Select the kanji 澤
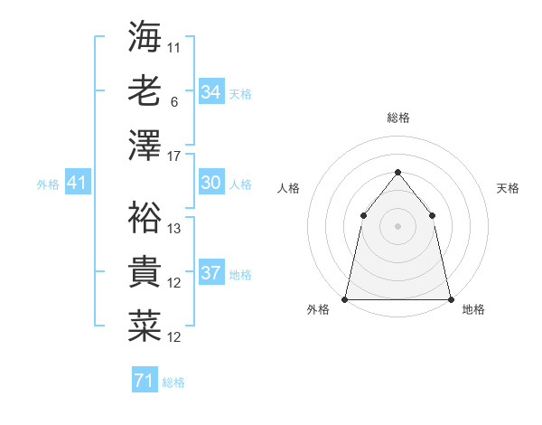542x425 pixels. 145,145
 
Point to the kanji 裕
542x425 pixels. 145,217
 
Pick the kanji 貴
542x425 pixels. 145,271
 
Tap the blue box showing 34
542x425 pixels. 211,92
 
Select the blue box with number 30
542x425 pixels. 211,183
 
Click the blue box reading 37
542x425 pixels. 211,273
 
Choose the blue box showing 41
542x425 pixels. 77,184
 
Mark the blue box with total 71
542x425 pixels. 144,381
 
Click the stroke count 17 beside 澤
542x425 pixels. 174,156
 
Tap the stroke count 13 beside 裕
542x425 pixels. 174,229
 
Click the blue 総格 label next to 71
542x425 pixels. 173,382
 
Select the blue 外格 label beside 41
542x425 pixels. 48,184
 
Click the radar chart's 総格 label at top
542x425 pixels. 397,118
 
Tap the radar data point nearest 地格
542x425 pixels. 450,298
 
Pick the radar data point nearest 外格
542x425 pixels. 345,298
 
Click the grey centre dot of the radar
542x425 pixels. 397,225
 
